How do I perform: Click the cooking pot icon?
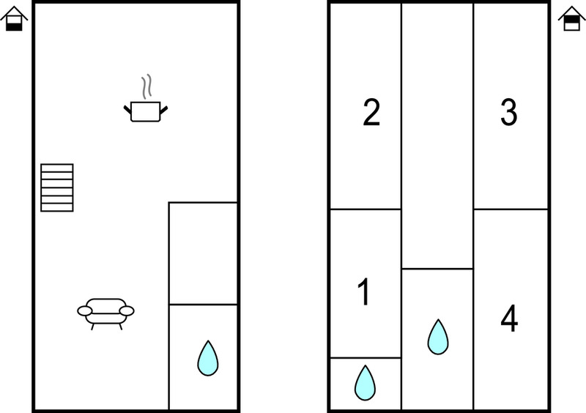click(146, 111)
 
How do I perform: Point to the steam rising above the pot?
click(146, 86)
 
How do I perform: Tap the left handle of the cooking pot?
click(127, 110)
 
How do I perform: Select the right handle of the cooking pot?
click(163, 110)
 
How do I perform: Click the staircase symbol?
click(57, 187)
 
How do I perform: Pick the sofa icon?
click(105, 313)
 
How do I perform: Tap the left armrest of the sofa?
click(85, 310)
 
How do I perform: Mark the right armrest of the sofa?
click(127, 310)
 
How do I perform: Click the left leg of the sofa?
click(93, 327)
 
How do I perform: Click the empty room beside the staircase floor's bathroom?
click(203, 253)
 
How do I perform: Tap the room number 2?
click(371, 113)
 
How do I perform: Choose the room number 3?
click(508, 112)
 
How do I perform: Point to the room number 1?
click(363, 292)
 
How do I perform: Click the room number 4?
click(509, 318)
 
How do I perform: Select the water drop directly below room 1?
click(365, 383)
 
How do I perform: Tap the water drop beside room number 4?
click(438, 337)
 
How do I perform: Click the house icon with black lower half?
click(14, 19)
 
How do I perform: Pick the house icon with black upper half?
click(572, 19)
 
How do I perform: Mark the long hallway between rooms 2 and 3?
click(437, 136)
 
